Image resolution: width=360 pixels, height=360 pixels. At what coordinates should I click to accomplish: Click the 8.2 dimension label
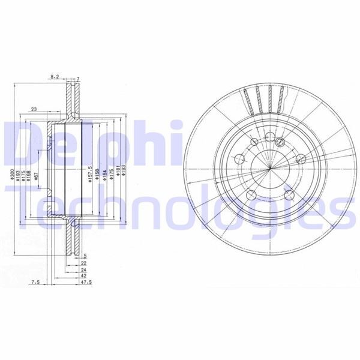point(55,77)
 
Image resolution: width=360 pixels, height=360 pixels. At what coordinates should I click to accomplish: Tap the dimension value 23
point(34,109)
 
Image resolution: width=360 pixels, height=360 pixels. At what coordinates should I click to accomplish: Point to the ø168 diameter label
point(28,175)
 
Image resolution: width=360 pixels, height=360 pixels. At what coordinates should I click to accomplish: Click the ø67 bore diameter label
point(37,175)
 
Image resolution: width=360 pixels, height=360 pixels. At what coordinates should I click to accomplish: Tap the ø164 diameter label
point(104,175)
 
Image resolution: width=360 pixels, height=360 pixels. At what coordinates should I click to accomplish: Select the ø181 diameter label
point(119,175)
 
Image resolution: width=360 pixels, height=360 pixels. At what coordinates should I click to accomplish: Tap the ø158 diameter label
point(97,175)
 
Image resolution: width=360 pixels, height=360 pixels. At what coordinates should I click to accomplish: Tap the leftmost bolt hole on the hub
point(239,160)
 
